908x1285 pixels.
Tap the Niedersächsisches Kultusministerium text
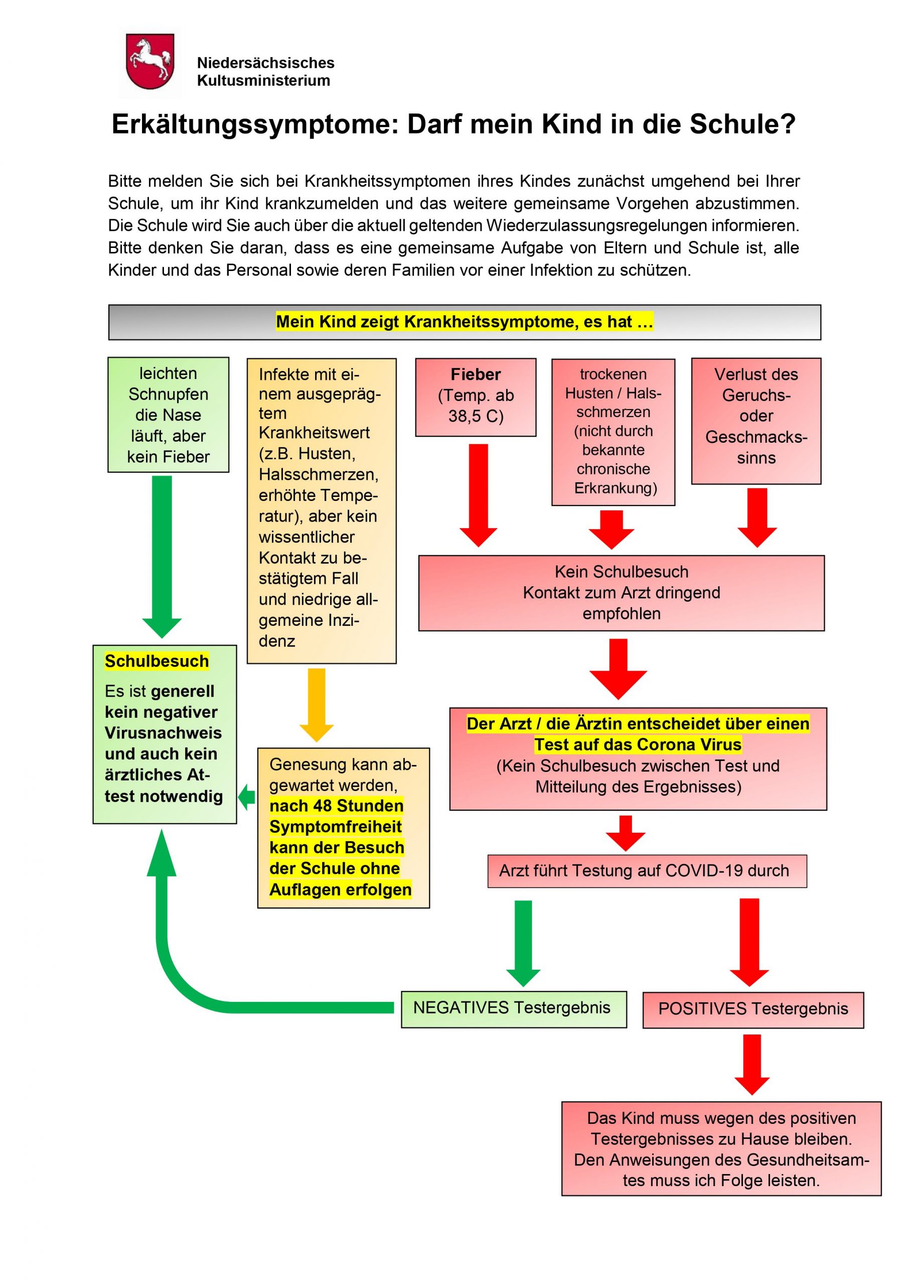point(265,72)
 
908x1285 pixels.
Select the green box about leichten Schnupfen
point(168,415)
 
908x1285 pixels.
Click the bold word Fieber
point(476,374)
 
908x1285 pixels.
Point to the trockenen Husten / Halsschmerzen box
point(613,432)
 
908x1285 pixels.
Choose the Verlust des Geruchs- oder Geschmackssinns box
point(756,420)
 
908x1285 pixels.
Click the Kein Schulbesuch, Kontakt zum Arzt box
point(621,593)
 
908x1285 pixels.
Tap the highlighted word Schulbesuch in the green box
point(157,662)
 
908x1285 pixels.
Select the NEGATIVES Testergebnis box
point(513,1008)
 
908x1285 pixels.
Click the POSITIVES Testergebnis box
point(752,1009)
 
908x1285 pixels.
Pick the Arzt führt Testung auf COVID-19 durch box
point(647,871)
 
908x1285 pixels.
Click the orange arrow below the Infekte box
point(317,704)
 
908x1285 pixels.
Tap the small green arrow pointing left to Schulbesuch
point(247,797)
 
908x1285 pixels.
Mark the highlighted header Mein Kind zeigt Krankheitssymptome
point(465,322)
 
